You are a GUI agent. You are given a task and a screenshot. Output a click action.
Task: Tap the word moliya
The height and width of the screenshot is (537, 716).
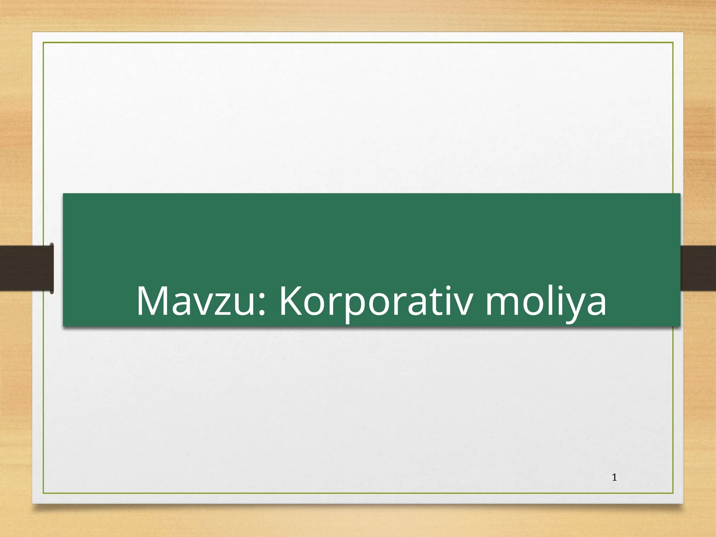click(546, 301)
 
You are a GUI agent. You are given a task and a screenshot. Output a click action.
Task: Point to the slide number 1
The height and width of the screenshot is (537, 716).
click(614, 477)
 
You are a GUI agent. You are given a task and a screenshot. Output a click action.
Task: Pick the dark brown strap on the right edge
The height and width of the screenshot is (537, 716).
click(698, 268)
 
